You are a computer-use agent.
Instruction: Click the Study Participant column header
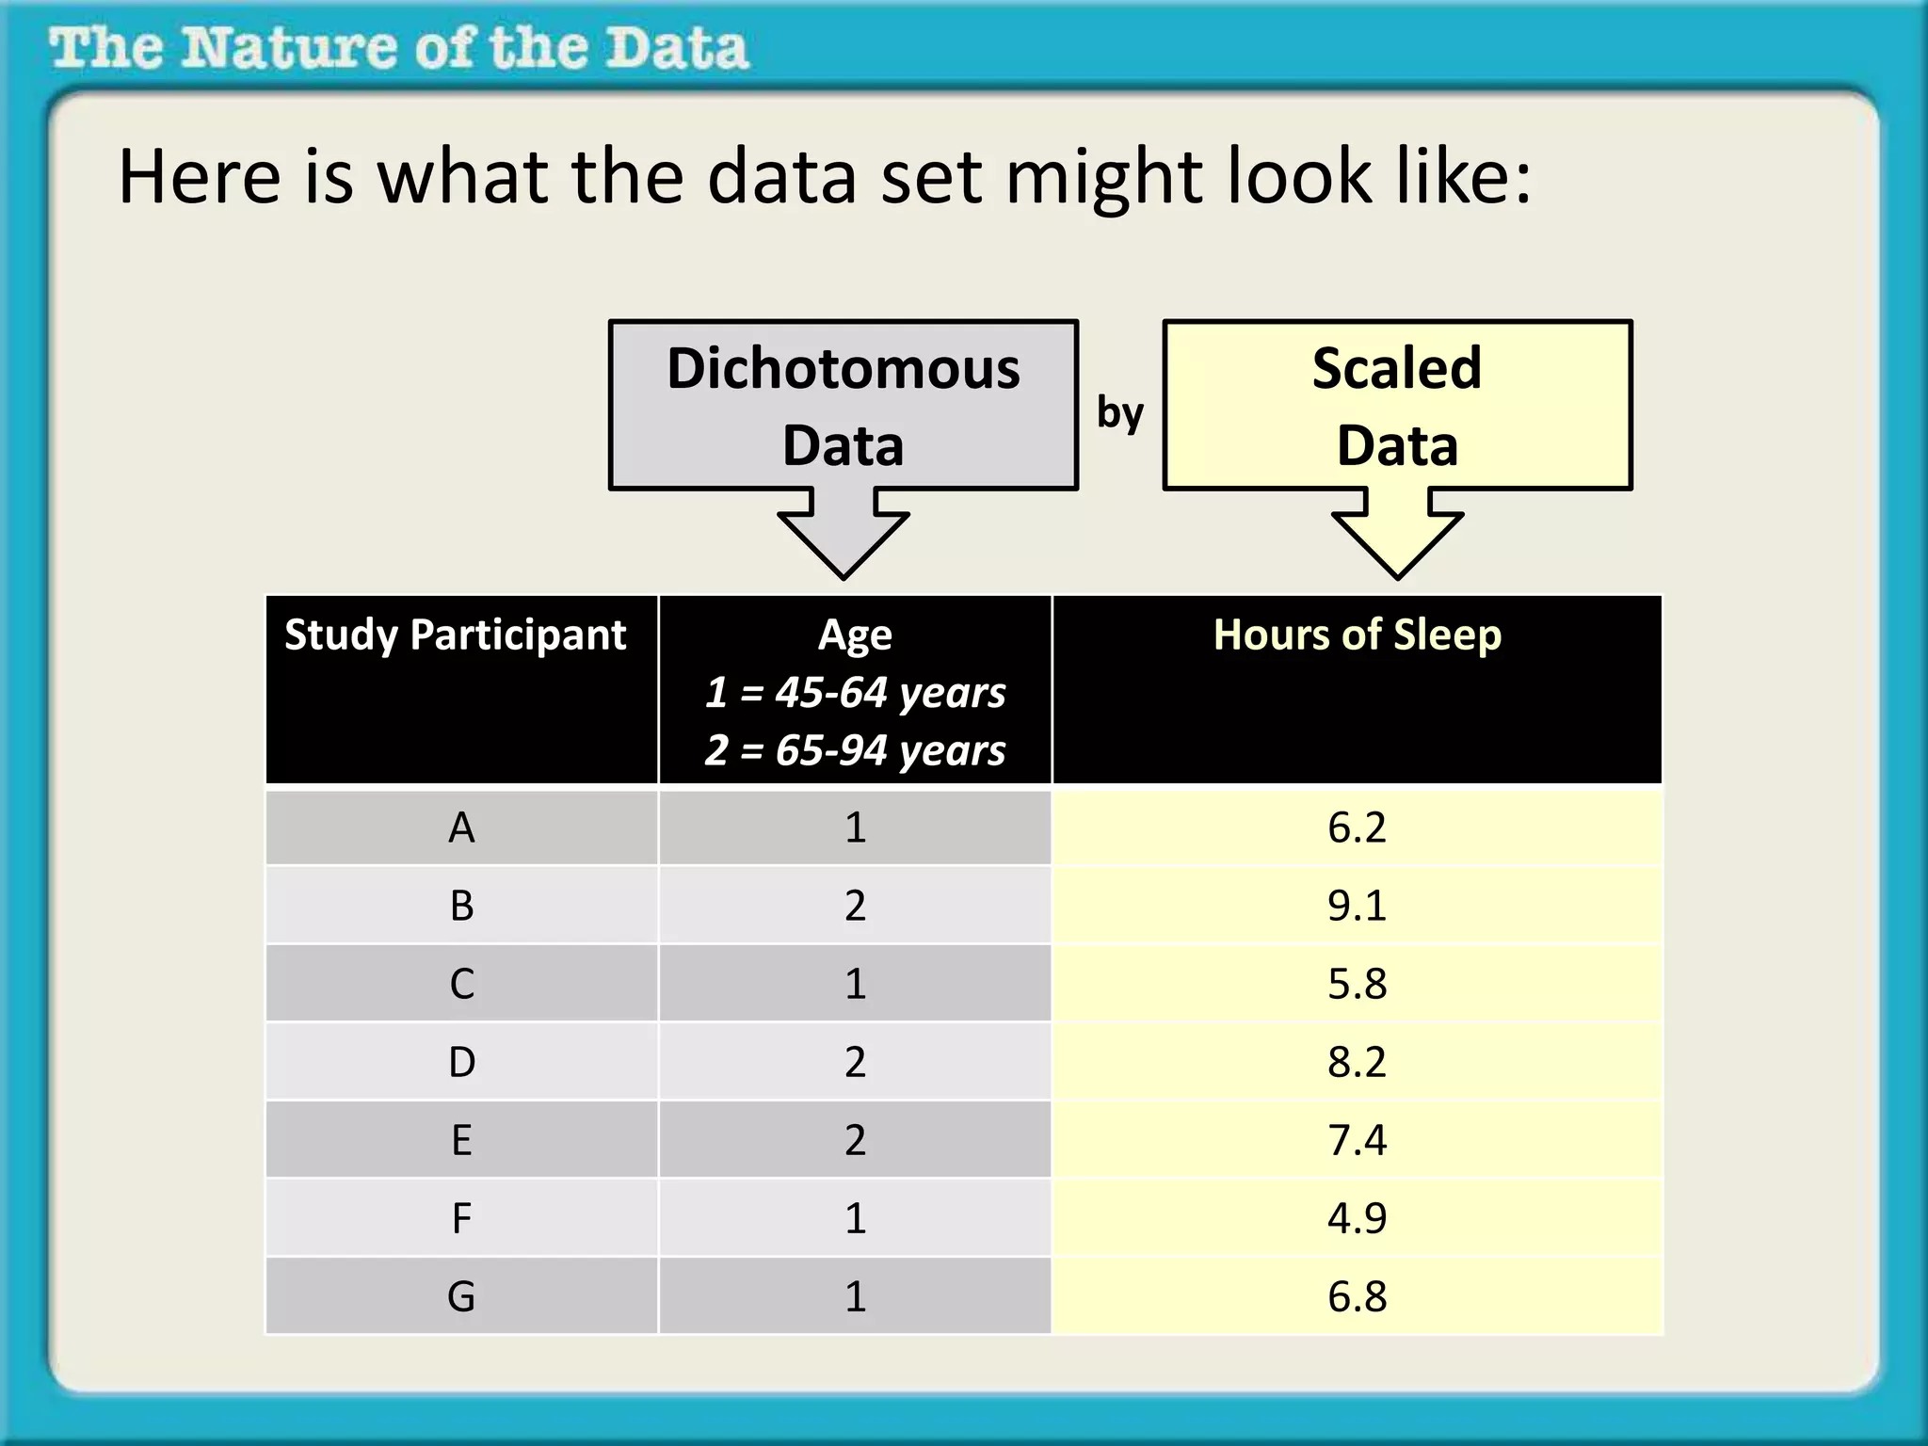(456, 635)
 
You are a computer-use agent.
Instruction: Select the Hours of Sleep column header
(1357, 635)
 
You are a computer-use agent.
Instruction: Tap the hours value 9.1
(1357, 906)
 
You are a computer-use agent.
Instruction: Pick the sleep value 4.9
(1357, 1218)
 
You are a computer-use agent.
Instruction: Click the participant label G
(461, 1297)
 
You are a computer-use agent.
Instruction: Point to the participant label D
(461, 1063)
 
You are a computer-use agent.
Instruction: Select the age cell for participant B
(855, 906)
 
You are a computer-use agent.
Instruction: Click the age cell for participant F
(855, 1218)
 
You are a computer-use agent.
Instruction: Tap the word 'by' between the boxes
(1120, 412)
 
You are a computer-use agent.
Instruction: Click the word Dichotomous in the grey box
(843, 368)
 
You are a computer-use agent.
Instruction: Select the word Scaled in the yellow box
(1397, 368)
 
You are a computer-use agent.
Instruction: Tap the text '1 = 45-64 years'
(855, 693)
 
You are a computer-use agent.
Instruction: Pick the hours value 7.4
(1357, 1140)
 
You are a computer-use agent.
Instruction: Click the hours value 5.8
(1357, 985)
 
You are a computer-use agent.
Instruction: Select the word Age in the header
(855, 635)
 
